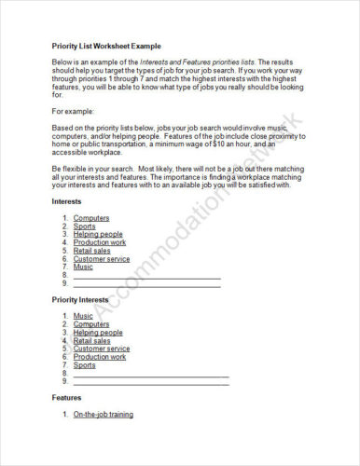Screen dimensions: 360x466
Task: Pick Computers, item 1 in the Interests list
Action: coord(91,218)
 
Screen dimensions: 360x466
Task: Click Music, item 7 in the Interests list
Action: coord(83,267)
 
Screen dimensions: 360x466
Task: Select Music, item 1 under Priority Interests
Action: coord(83,316)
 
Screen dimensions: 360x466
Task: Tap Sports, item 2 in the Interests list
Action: coord(84,226)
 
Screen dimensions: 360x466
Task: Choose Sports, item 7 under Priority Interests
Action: coord(84,364)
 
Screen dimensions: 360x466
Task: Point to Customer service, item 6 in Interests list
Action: coord(102,258)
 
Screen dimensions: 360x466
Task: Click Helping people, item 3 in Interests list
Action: coord(98,234)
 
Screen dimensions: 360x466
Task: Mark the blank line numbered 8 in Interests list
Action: coord(146,275)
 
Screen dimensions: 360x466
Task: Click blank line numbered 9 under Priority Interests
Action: coord(150,381)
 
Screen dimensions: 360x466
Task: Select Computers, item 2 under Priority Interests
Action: coord(91,324)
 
